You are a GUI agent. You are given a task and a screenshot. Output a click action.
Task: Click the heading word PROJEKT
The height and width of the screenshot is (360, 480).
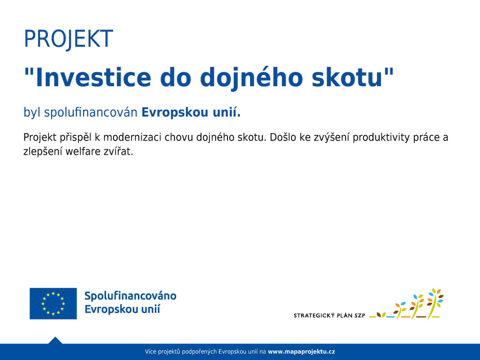coord(69,39)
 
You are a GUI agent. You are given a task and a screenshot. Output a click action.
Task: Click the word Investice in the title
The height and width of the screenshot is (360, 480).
coord(93,77)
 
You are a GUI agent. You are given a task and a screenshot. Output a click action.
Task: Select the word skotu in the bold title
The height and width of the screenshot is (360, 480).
coord(347,77)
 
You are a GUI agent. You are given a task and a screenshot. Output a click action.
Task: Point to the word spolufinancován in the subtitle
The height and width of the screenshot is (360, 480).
coord(91,112)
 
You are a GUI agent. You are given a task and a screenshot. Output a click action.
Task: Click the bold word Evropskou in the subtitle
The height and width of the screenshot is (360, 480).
coord(175,113)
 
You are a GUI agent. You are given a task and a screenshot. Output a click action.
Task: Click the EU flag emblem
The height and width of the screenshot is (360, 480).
coord(53,303)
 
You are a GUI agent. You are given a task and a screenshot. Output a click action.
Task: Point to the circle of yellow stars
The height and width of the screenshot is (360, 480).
coord(53,303)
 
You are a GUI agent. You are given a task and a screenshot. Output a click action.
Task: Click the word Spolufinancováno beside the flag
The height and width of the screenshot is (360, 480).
coord(130,296)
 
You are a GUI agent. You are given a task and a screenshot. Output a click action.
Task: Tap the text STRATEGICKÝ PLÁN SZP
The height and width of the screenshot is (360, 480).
coord(329,315)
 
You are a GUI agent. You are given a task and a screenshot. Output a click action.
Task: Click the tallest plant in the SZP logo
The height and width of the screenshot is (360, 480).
coord(435,303)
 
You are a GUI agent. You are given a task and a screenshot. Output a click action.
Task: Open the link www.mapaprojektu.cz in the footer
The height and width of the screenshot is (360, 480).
coord(301,352)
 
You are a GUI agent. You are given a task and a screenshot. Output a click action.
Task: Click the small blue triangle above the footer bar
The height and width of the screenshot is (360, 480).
coord(55,340)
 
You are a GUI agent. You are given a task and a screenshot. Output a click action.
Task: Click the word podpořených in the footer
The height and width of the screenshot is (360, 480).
coord(199,352)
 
